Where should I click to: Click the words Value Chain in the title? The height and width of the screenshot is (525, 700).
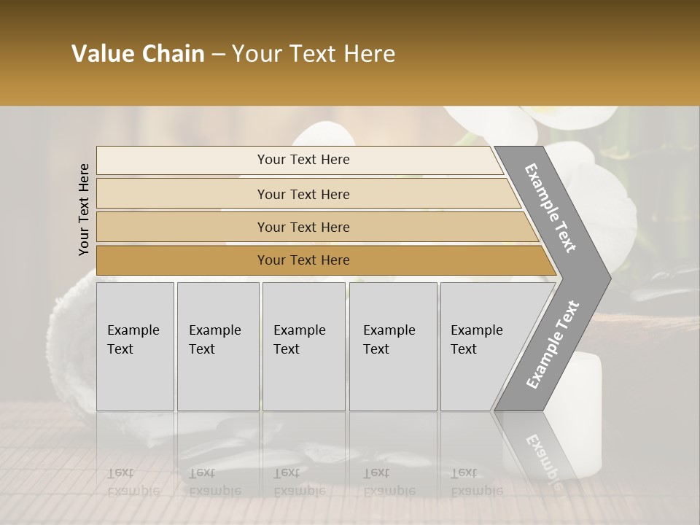point(138,54)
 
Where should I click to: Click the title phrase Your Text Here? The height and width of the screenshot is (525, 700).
point(314,54)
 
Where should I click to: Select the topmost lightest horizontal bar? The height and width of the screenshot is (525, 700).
point(303,160)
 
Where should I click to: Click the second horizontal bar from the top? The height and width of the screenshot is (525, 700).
point(303,194)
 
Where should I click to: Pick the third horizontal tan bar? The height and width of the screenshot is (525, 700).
point(303,227)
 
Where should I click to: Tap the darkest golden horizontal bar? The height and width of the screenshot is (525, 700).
point(303,260)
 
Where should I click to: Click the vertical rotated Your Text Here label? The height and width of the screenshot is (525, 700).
point(84,209)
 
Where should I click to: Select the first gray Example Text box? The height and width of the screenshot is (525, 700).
point(135,346)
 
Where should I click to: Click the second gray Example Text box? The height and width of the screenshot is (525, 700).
point(217,346)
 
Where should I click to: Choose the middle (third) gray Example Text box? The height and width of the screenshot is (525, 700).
point(303,346)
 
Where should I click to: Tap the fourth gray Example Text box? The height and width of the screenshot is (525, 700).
point(392,346)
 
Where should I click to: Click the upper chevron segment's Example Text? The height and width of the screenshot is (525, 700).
point(551,208)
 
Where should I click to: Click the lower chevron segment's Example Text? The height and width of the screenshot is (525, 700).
point(552,344)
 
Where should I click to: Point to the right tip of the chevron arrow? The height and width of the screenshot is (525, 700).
point(609,278)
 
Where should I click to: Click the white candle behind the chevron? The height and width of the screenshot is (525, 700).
point(587,379)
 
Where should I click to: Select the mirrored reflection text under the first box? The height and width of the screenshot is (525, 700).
point(133,483)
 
